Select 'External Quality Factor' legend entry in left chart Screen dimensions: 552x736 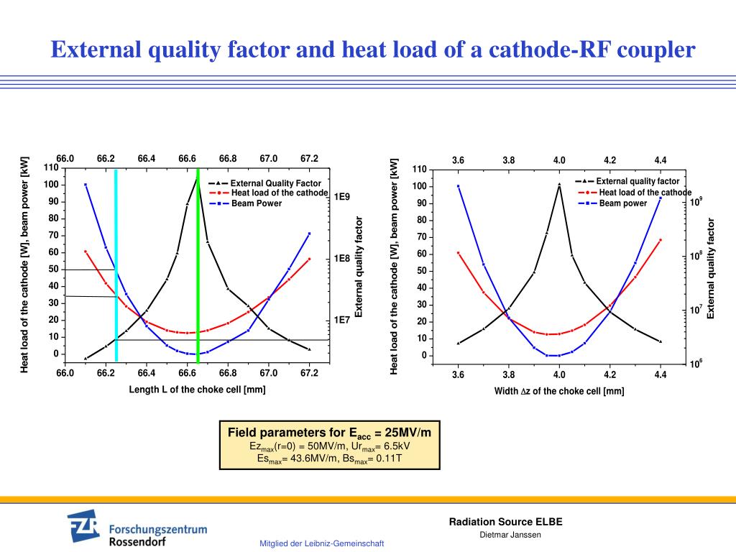pos(275,183)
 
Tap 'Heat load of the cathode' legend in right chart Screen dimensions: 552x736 pos(645,192)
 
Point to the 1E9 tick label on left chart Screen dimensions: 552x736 pos(341,196)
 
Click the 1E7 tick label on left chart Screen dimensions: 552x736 pos(341,320)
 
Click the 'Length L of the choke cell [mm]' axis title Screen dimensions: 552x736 pos(197,390)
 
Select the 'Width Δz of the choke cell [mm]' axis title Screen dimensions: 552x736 pos(558,391)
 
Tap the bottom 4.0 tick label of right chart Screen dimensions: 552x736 pos(559,374)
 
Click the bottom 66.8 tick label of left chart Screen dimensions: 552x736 pos(228,373)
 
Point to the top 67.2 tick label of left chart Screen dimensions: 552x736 pos(309,158)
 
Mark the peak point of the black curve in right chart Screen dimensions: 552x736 pos(559,185)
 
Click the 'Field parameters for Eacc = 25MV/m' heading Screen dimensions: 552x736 pos(329,433)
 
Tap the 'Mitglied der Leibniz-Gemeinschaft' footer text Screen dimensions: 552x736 pos(321,543)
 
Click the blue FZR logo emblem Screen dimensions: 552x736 pos(84,528)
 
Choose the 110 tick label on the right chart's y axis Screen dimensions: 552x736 pos(419,170)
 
